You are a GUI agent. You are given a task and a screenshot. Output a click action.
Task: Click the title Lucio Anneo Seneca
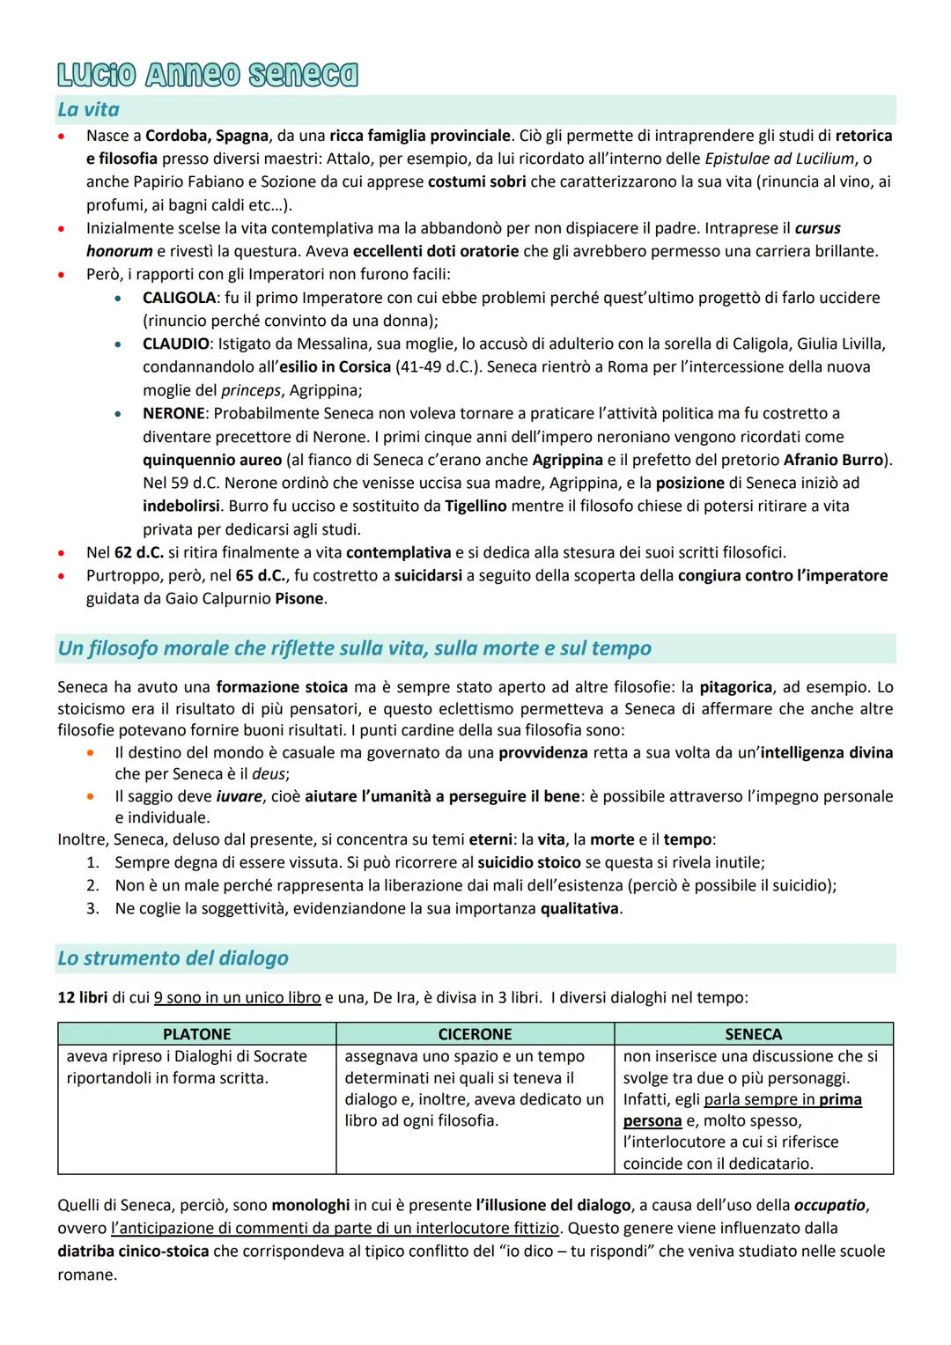point(208,75)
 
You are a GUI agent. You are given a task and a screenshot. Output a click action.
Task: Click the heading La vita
point(88,110)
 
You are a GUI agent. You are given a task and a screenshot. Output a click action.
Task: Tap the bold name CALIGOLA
point(179,298)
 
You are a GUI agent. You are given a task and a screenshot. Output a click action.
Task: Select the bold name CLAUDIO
point(175,344)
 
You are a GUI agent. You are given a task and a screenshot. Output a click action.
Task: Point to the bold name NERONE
point(174,413)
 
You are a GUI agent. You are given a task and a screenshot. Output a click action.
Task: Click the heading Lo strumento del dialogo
point(173,958)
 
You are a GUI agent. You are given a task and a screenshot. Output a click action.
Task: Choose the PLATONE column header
point(196,1034)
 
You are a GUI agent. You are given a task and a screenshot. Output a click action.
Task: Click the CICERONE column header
point(475,1034)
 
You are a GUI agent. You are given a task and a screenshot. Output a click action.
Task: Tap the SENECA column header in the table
point(753,1034)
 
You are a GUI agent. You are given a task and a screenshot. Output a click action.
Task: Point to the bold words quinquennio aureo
point(212,460)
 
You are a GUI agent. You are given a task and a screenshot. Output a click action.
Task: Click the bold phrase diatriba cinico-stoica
point(133,1251)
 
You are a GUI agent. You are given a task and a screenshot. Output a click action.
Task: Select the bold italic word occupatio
point(830,1205)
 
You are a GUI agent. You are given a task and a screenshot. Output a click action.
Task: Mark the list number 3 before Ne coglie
point(92,908)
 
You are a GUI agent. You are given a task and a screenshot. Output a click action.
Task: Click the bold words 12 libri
point(83,999)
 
